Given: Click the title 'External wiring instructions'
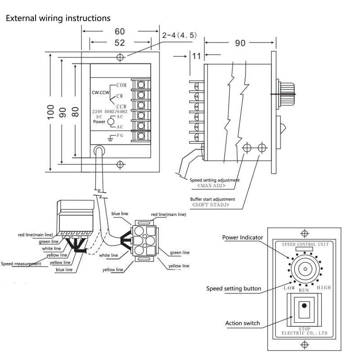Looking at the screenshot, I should click(57, 18).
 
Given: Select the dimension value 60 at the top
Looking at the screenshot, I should click(119, 31).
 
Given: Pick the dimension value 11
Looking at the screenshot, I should click(196, 56).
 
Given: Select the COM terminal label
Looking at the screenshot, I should click(121, 85).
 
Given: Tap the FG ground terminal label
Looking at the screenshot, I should click(120, 135).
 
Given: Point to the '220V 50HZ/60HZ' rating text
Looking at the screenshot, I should click(110, 111).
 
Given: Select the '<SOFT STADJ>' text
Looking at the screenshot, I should click(211, 205).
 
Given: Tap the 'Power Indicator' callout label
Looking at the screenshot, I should click(243, 238).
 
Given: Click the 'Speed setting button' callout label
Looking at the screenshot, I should click(234, 288).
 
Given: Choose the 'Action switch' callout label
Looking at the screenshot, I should click(243, 323).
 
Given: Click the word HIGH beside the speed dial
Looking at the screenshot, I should click(324, 288).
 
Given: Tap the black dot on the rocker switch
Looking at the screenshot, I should click(305, 306).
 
